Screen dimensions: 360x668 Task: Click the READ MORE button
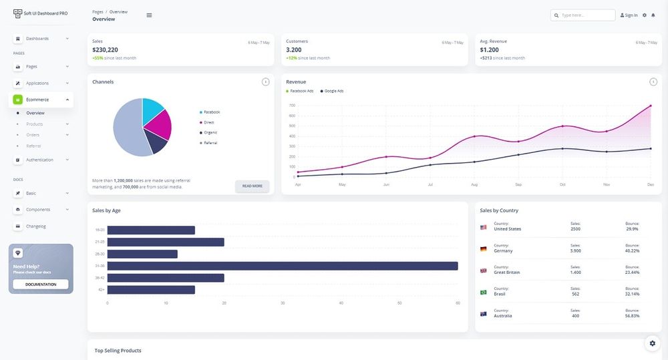252,186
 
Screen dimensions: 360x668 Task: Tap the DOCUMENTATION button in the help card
41,284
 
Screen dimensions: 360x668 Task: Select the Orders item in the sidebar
33,135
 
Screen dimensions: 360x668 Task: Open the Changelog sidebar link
36,226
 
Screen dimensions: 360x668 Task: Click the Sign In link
629,15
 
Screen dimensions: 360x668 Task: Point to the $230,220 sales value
105,49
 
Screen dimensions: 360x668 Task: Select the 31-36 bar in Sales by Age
282,266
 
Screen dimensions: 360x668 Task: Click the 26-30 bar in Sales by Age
142,254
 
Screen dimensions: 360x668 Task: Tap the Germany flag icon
483,248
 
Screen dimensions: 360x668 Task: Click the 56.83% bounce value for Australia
632,316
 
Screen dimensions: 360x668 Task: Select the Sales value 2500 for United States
575,229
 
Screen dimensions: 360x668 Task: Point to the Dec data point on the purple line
650,106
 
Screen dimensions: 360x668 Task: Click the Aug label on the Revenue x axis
474,184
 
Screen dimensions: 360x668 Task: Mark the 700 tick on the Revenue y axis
292,106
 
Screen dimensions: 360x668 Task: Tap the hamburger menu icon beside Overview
149,15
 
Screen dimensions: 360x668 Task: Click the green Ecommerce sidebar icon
18,100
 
